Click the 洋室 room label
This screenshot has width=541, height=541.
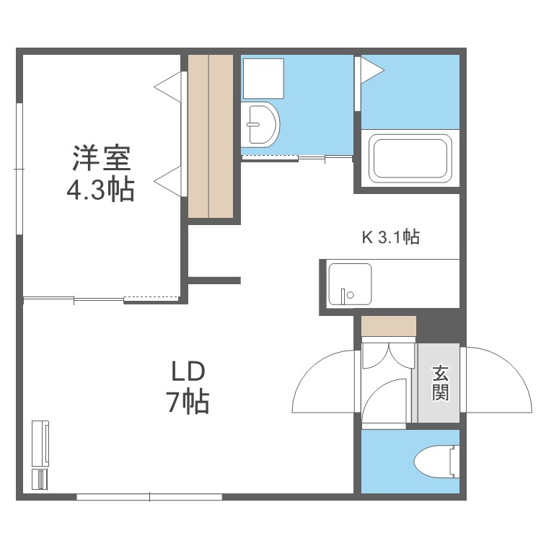coord(100,158)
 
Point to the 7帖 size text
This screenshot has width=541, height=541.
coord(188,402)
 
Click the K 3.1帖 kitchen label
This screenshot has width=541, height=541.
coord(390,237)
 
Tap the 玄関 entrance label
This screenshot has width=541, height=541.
coord(441,383)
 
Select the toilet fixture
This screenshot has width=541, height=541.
coord(436,462)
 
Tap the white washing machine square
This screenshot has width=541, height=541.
coord(263,78)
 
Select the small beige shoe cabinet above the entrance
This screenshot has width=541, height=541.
coord(389,326)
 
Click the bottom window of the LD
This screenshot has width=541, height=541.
coord(149,496)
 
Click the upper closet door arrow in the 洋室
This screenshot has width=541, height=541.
coord(167,85)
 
